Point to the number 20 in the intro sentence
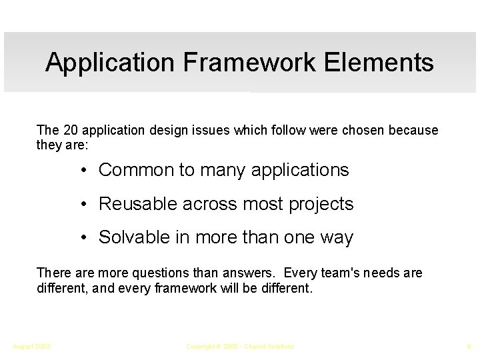68,130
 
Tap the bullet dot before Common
85,170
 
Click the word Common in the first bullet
136,170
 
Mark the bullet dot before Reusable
85,204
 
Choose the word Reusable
139,204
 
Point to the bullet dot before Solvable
85,238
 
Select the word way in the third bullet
337,238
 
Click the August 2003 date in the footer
32,346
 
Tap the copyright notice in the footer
239,346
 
